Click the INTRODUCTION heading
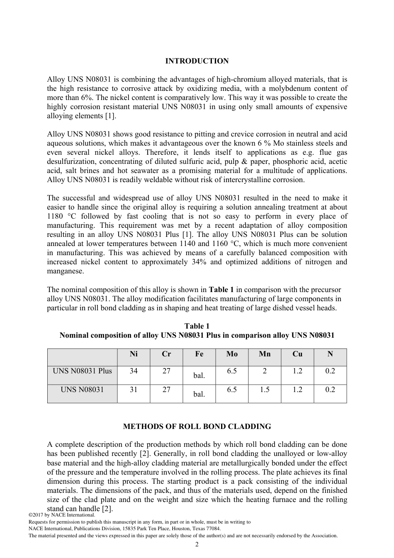pos(197,61)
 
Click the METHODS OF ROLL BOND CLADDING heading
pos(197,426)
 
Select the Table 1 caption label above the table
pos(197,326)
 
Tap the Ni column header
pos(134,354)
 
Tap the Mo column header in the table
pos(232,354)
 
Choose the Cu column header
pos(297,354)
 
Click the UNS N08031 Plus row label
pos(82,371)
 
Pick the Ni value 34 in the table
pos(134,371)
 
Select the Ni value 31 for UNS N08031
pos(134,390)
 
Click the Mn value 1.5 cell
pos(265,390)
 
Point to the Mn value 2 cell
pos(265,371)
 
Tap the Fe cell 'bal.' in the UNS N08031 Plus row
pos(199,375)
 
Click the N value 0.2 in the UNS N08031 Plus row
pos(330,371)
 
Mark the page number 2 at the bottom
pos(197,544)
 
